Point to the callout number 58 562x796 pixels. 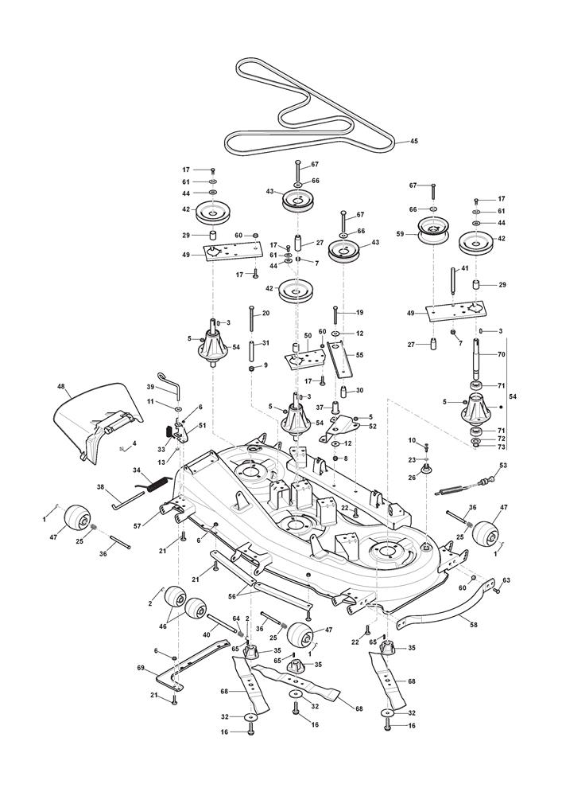pos(474,626)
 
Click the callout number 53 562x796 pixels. pos(502,465)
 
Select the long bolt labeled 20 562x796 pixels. pos(252,322)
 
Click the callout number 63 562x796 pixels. pos(506,582)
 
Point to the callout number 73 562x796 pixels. pos(501,447)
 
